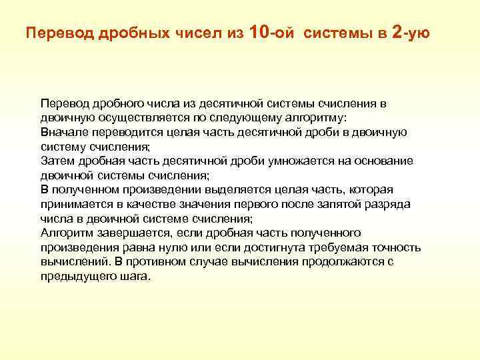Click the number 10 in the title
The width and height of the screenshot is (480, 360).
tap(261, 31)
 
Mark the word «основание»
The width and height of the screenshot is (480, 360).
tap(381, 161)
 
